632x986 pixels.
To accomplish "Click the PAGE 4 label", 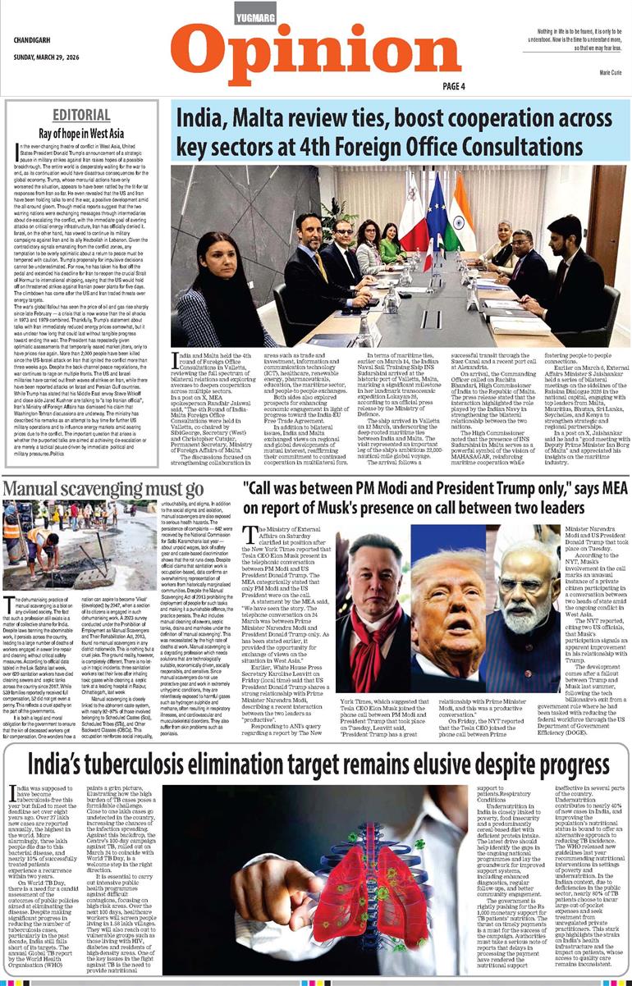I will tap(454, 86).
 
